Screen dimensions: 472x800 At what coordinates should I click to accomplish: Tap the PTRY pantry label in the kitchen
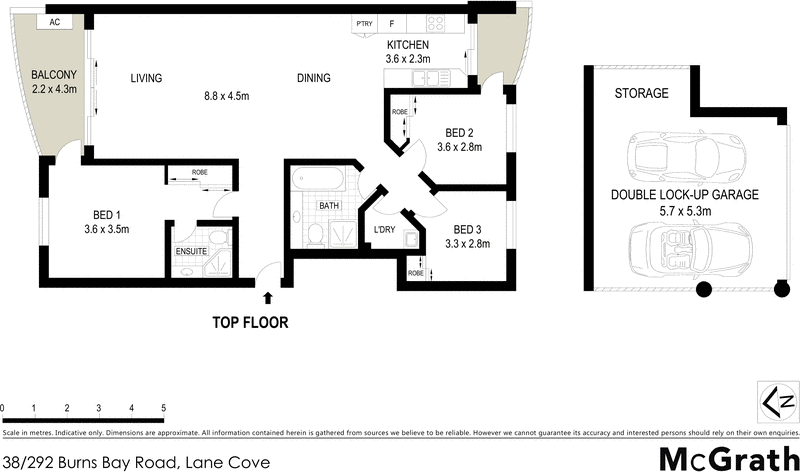click(x=364, y=23)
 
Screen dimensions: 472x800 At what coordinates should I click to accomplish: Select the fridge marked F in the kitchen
click(x=393, y=23)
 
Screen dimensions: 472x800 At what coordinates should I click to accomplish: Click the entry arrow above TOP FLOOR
click(x=267, y=297)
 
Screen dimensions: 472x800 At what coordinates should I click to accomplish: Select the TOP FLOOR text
click(x=249, y=323)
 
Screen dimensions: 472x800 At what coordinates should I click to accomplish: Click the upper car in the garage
click(x=676, y=156)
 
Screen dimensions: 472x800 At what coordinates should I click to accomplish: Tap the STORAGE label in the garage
click(x=642, y=93)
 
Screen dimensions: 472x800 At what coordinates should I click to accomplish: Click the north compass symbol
click(x=776, y=402)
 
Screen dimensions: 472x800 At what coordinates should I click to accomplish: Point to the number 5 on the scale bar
click(x=163, y=409)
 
